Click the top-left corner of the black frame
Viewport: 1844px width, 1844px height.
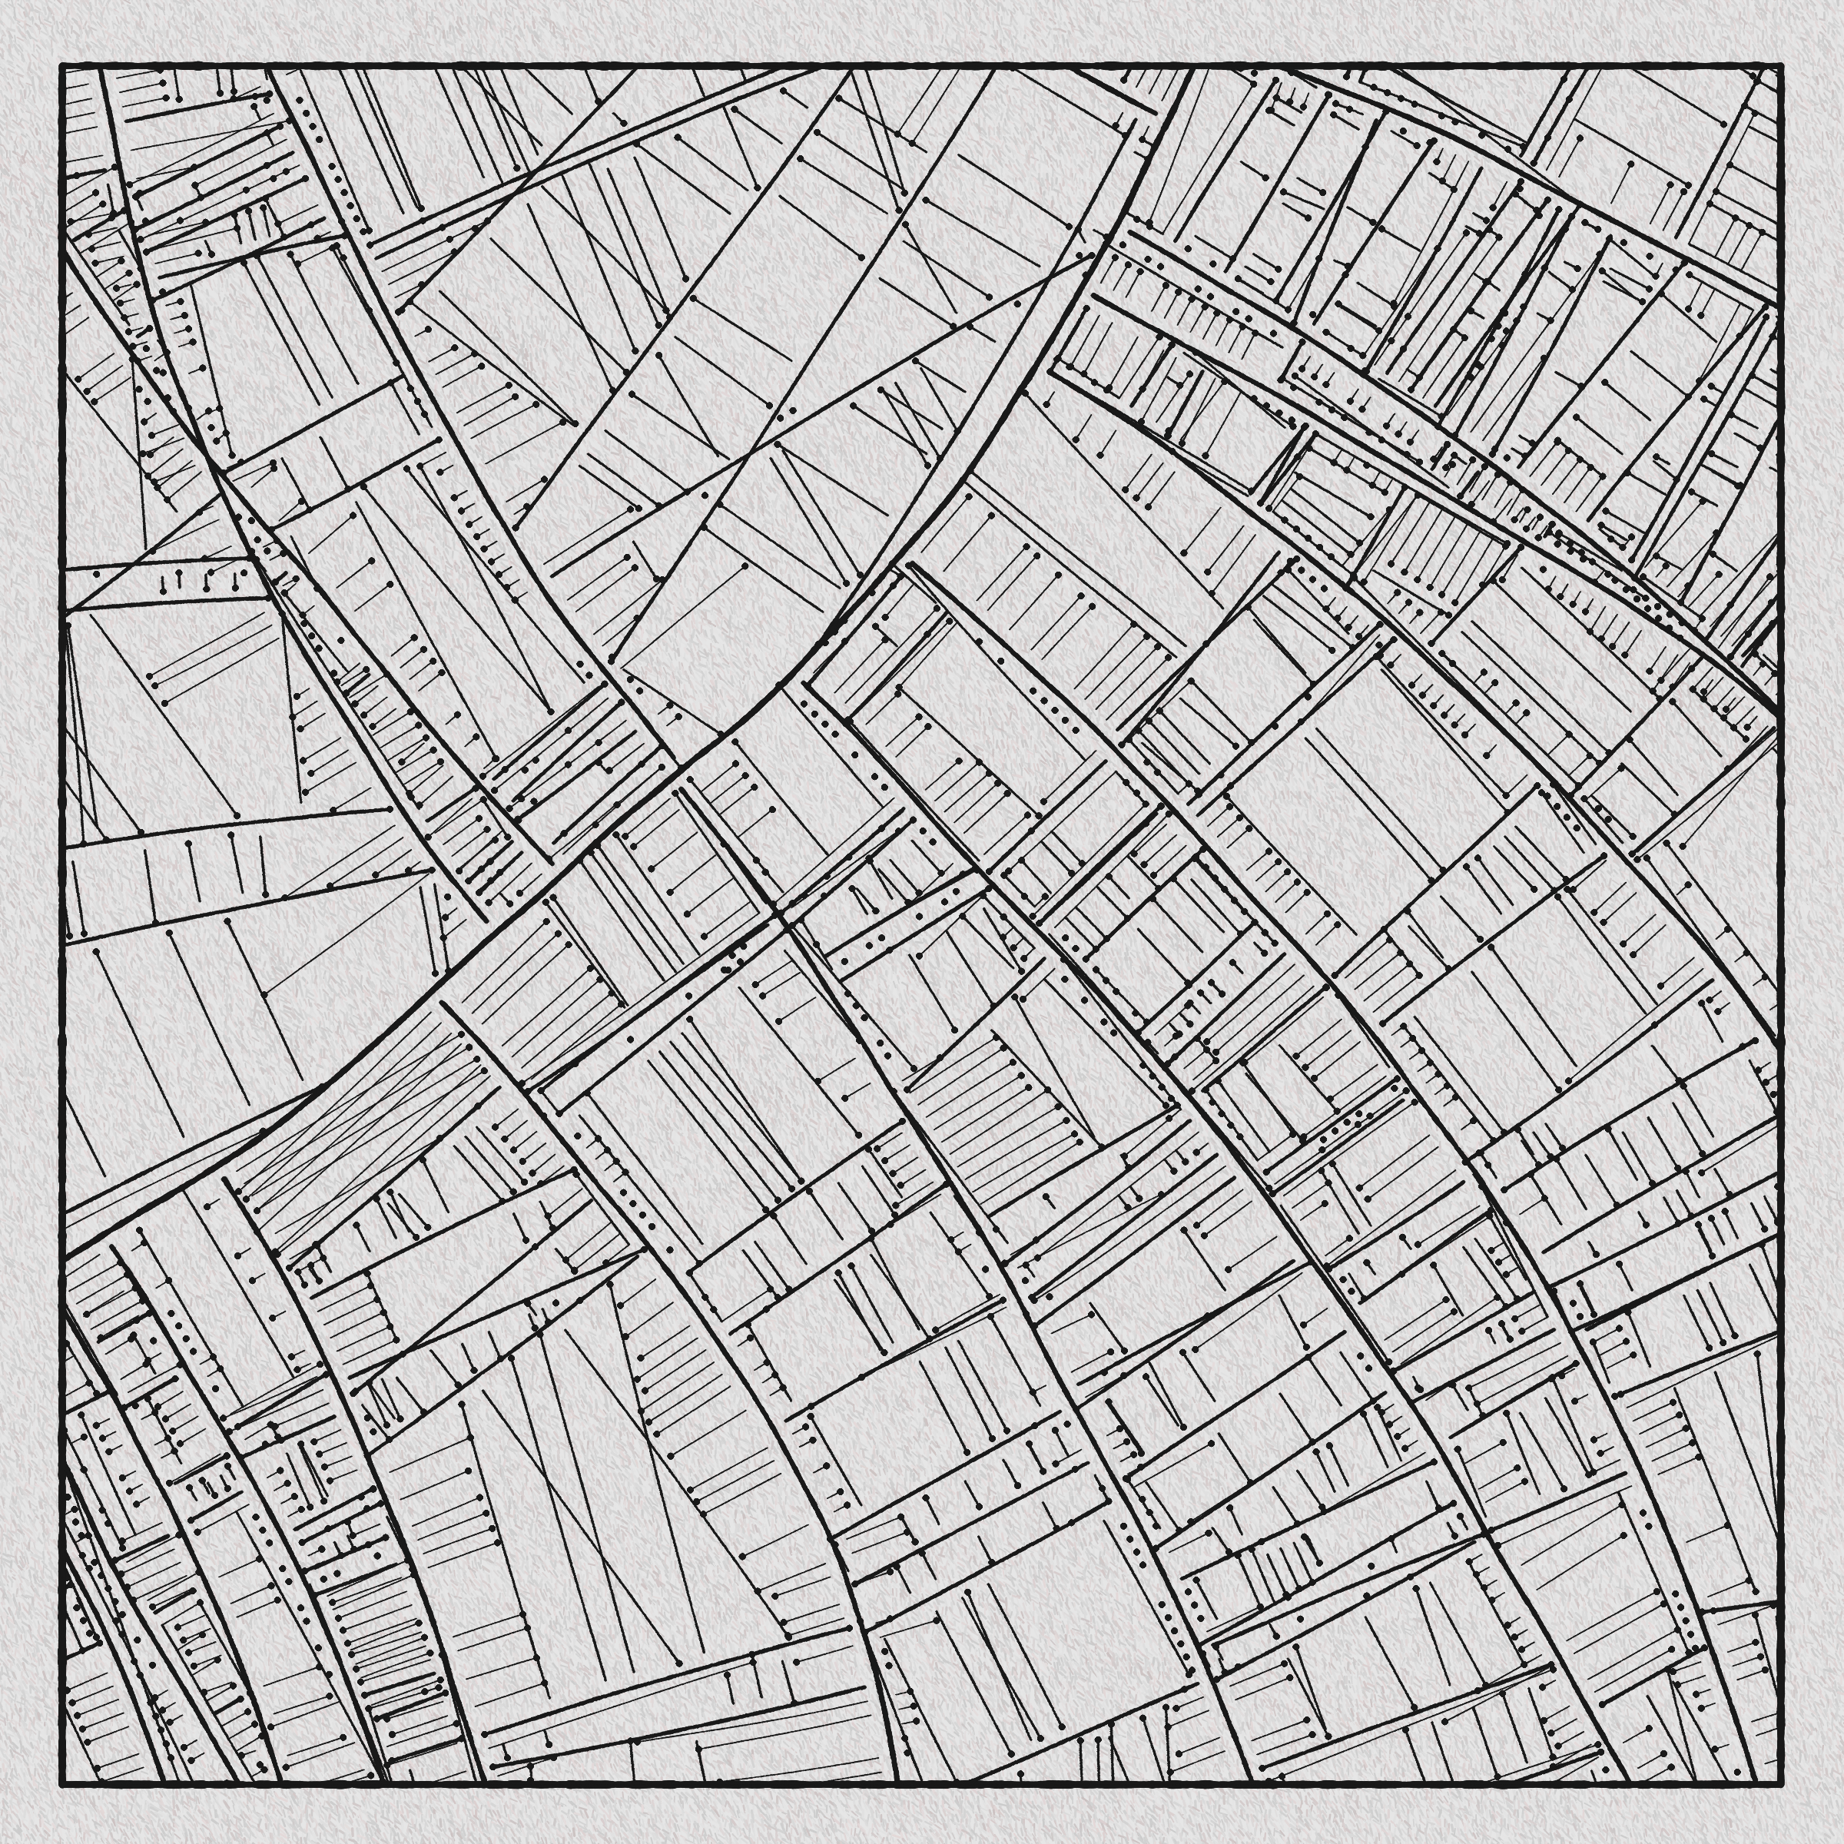click(x=63, y=67)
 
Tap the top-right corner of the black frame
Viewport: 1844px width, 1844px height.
click(x=1780, y=67)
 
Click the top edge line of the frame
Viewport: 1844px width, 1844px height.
click(x=917, y=67)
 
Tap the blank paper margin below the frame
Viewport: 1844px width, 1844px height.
click(x=917, y=1813)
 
